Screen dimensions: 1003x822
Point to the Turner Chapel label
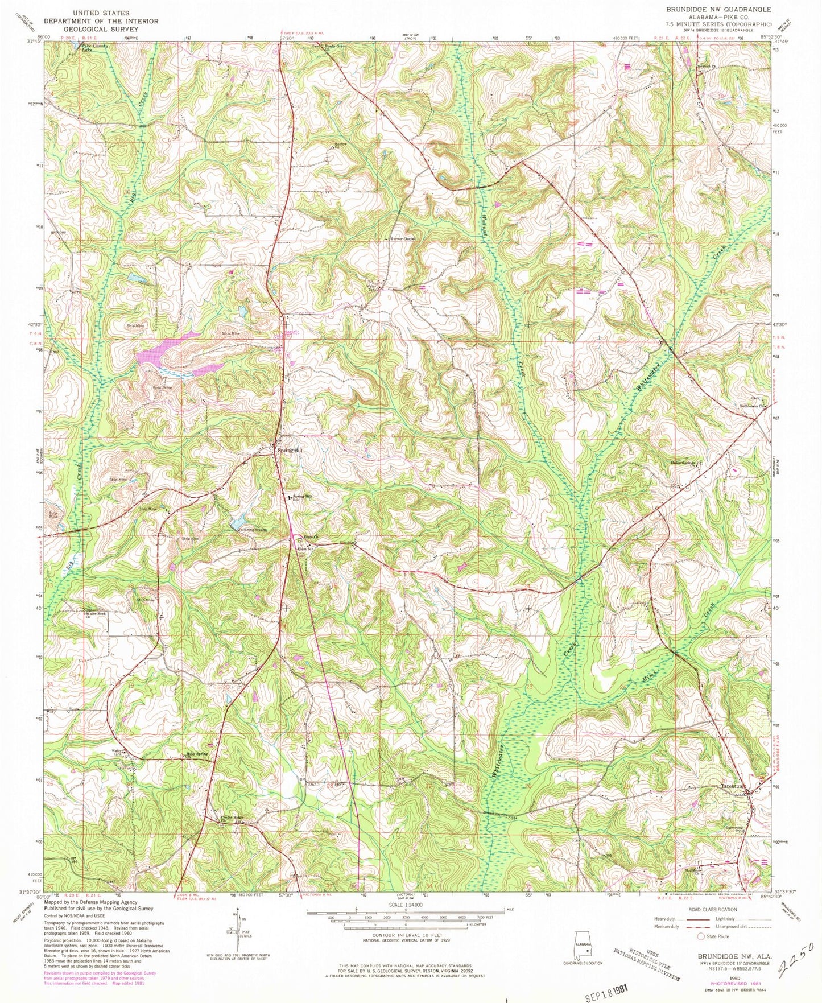(x=402, y=239)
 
